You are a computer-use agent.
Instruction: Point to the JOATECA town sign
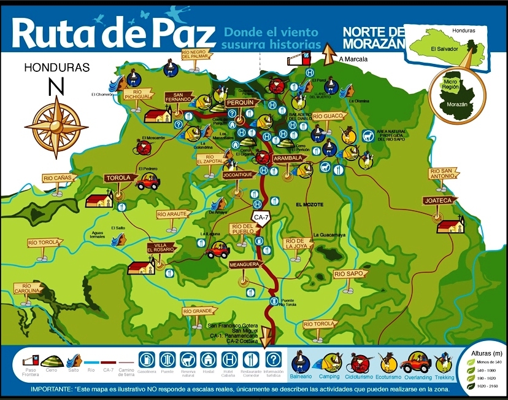436,200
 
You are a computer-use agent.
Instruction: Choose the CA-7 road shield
261,216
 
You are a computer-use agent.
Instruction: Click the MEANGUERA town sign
245,264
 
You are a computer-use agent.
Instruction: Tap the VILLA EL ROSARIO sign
161,248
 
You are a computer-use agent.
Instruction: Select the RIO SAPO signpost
348,273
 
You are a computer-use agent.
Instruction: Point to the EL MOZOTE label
309,204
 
